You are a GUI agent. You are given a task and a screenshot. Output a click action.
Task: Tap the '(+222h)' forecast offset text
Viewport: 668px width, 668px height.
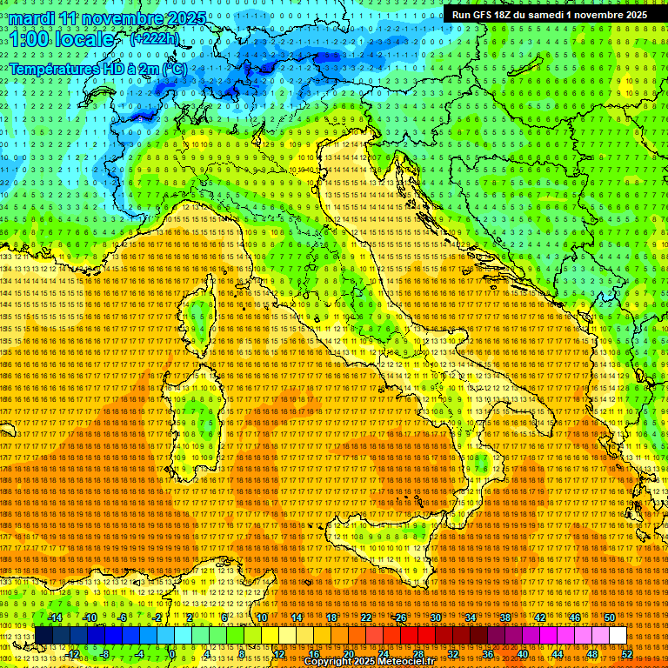155,38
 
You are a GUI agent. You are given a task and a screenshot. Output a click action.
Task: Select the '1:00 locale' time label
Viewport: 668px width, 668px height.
62,39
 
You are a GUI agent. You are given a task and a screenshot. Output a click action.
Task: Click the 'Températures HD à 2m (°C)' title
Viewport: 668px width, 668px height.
97,68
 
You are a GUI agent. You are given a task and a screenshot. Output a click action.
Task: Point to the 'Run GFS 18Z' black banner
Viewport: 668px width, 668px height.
549,15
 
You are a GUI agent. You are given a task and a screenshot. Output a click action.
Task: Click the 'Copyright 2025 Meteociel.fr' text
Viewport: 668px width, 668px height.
375,661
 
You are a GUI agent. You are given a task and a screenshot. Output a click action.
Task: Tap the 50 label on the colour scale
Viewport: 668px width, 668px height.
609,617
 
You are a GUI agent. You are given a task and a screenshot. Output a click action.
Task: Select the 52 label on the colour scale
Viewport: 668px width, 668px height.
626,654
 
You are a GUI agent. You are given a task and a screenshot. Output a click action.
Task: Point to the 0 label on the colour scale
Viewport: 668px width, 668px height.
172,654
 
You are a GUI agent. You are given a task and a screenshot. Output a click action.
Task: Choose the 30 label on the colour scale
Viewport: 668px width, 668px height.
436,617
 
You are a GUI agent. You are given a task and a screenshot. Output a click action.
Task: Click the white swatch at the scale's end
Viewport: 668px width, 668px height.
618,636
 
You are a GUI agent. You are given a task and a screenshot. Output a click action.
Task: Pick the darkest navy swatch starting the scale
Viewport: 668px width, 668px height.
43,636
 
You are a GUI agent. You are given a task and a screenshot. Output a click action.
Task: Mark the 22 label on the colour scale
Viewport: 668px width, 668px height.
366,617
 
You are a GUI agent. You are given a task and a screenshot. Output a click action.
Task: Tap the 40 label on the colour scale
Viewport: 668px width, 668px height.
522,654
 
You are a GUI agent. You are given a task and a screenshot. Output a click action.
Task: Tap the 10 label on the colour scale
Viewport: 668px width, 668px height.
262,617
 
